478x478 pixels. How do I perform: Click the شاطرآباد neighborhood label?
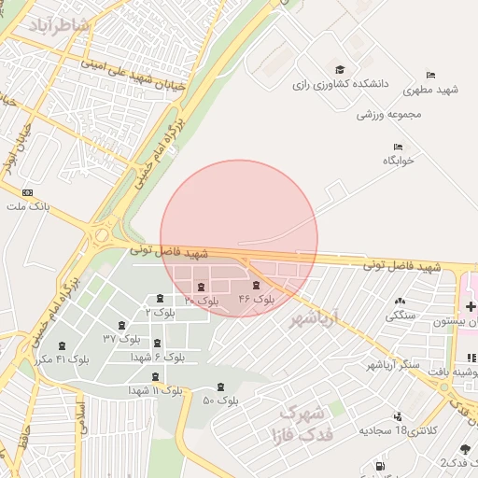(61, 26)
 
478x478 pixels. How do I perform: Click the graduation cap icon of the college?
(340, 70)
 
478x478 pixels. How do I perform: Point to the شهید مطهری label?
(427, 91)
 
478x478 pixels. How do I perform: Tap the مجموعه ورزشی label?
(389, 115)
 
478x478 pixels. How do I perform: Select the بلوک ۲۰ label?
(201, 301)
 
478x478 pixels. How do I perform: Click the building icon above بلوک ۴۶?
(257, 286)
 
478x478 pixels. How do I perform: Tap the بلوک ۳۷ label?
(120, 337)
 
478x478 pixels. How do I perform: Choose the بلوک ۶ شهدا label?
(158, 357)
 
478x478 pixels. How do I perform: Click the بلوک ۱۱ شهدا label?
(155, 387)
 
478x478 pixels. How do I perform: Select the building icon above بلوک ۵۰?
(220, 387)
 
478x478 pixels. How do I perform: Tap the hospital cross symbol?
(471, 306)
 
